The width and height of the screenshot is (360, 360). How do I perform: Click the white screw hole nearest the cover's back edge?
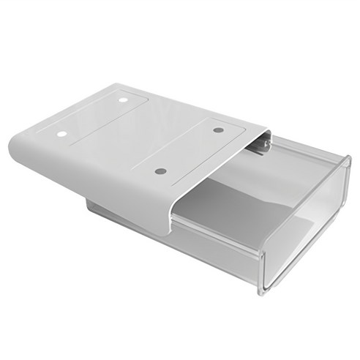tap(123, 99)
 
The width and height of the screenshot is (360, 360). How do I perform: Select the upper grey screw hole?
tap(218, 130)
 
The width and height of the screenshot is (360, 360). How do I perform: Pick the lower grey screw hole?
tap(161, 171)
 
